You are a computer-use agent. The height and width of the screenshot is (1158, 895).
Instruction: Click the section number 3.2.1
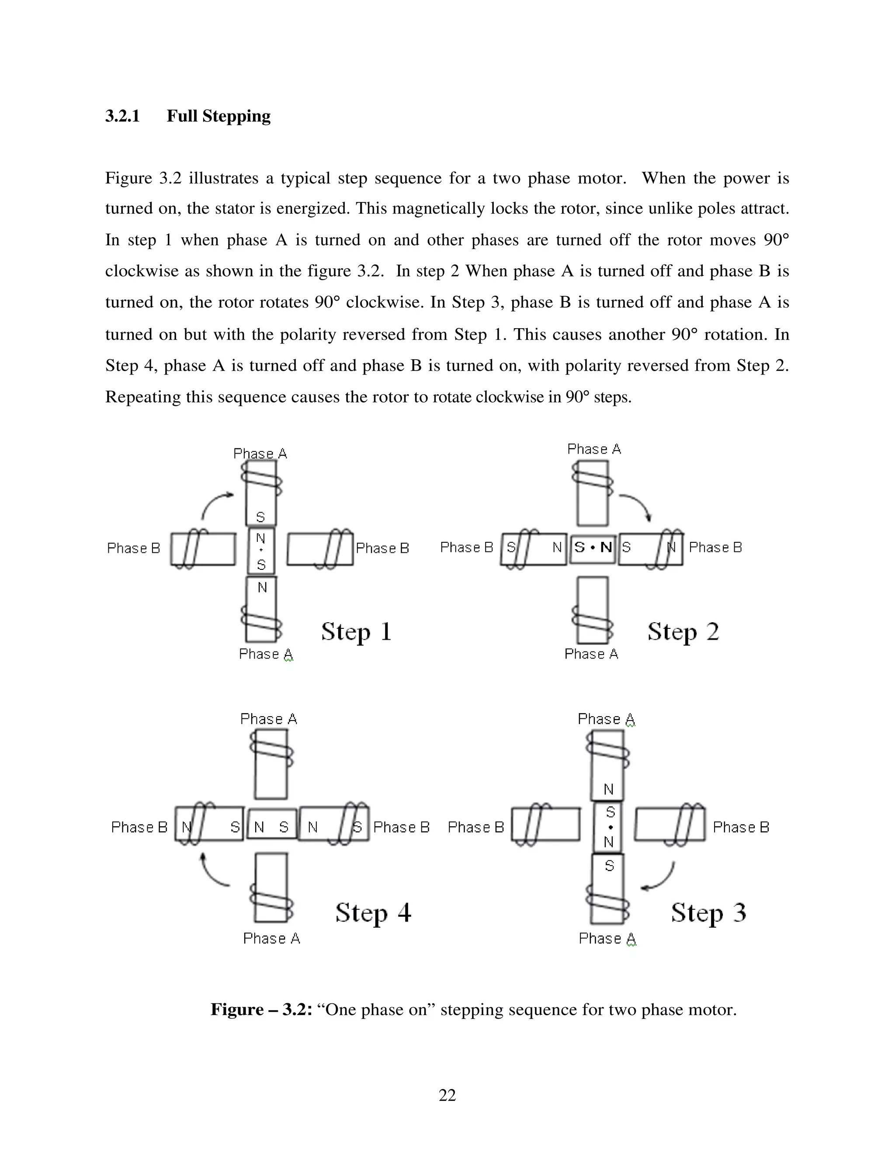(122, 116)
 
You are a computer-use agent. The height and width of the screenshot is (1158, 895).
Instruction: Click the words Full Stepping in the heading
(219, 116)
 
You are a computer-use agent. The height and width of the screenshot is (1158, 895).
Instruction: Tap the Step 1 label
(356, 632)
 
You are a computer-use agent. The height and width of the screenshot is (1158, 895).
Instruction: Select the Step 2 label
(683, 632)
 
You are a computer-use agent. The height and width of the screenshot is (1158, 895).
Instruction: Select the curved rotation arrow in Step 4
(212, 872)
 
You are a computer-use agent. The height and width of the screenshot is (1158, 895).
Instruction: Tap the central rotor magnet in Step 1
(261, 551)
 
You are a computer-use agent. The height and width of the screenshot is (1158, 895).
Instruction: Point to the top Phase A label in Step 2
(594, 449)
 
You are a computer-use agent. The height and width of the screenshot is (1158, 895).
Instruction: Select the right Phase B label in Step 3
(741, 827)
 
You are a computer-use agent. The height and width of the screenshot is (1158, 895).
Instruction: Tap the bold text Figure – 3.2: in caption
(261, 1009)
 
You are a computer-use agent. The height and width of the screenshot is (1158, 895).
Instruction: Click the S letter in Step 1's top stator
(260, 517)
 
